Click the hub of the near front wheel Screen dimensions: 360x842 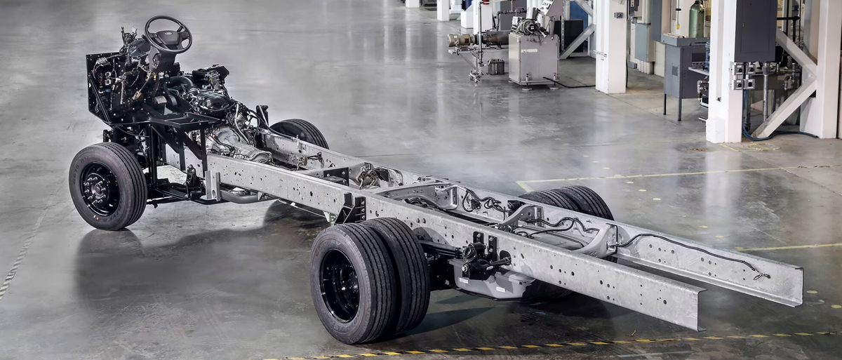click(x=99, y=188)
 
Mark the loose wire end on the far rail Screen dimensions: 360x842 click(x=761, y=276)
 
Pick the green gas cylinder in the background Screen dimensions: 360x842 click(x=696, y=20)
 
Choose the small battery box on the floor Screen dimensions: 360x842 click(x=495, y=67)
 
